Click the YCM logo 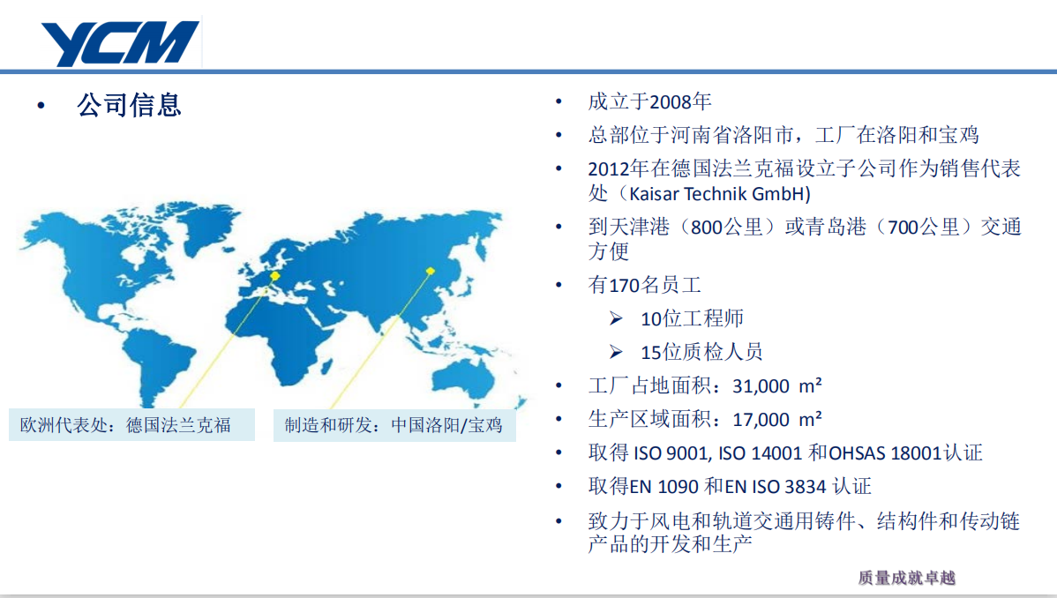point(120,43)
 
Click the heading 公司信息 point(129,105)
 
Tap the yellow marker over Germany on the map point(275,276)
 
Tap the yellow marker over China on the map point(430,271)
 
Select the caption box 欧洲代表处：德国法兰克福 point(131,425)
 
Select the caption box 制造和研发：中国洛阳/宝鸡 point(394,425)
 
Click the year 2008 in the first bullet point(670,101)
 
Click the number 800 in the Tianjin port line point(707,228)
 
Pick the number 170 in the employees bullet point(624,285)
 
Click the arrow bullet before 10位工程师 point(616,318)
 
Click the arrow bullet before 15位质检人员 point(616,351)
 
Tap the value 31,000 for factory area point(761,386)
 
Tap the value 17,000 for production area point(761,420)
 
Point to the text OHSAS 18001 point(884,453)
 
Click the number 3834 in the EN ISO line point(806,487)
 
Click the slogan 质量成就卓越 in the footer point(907,578)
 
